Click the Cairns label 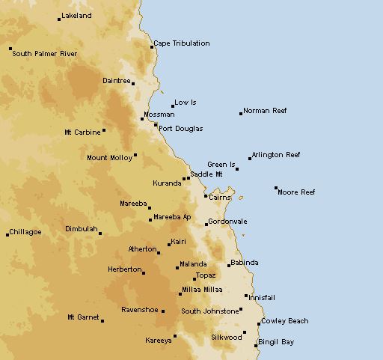(x=219, y=198)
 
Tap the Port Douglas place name (x=180, y=129)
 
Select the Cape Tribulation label (x=182, y=43)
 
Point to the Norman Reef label (x=265, y=111)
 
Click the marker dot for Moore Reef (x=276, y=188)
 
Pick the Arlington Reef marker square (x=250, y=158)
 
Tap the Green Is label (x=221, y=165)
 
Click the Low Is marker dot (x=173, y=106)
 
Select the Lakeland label (x=77, y=16)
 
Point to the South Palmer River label (x=45, y=54)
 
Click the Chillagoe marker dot (x=7, y=234)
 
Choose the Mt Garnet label (x=82, y=317)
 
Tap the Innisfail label (x=261, y=297)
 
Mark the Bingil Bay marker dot (x=255, y=346)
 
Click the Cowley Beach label (x=285, y=321)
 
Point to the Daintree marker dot (x=133, y=83)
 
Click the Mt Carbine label (x=82, y=132)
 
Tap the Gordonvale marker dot (x=206, y=225)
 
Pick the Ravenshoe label (x=139, y=309)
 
